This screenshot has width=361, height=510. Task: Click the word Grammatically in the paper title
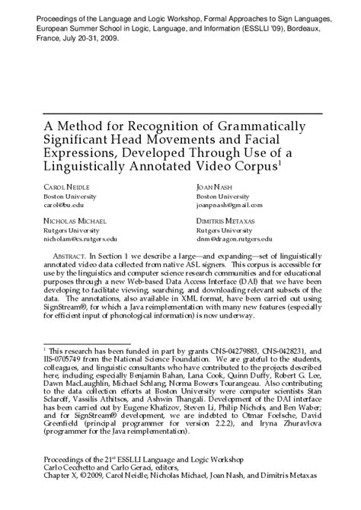point(264,126)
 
